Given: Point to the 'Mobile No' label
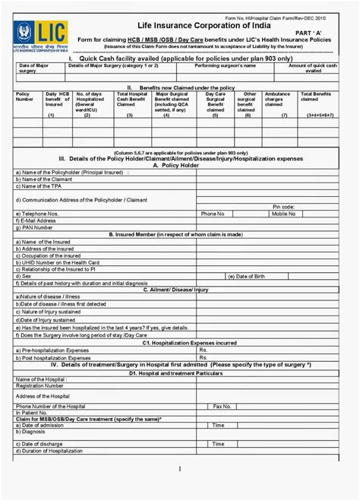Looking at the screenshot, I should click(x=283, y=214).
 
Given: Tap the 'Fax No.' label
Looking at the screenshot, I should click(x=222, y=407).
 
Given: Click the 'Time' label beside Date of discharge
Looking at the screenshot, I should click(x=218, y=443).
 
